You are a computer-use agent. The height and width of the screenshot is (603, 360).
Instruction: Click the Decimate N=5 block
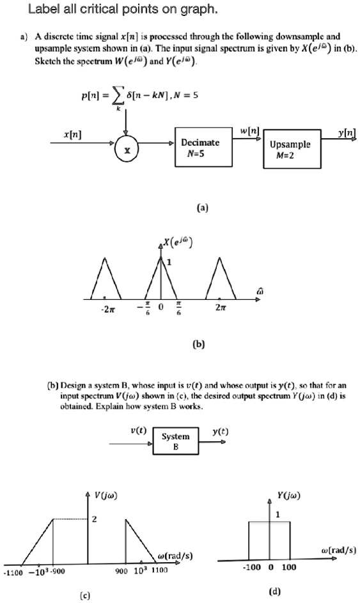click(203, 147)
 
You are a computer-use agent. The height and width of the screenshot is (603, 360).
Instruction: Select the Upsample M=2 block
click(292, 149)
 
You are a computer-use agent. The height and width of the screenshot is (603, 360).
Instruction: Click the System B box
click(176, 441)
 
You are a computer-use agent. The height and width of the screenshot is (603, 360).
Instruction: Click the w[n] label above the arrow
click(247, 131)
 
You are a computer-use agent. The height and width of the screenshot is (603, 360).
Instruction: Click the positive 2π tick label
click(219, 308)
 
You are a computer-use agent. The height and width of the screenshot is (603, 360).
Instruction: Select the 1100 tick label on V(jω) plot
click(159, 570)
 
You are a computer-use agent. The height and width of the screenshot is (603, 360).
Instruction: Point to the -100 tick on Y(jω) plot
click(251, 567)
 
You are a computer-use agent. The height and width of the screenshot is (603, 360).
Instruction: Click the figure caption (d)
click(274, 591)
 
